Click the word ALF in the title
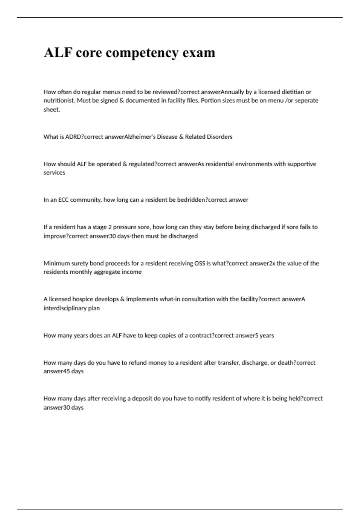pos(58,52)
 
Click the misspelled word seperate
pos(306,100)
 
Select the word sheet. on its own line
pos(52,109)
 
